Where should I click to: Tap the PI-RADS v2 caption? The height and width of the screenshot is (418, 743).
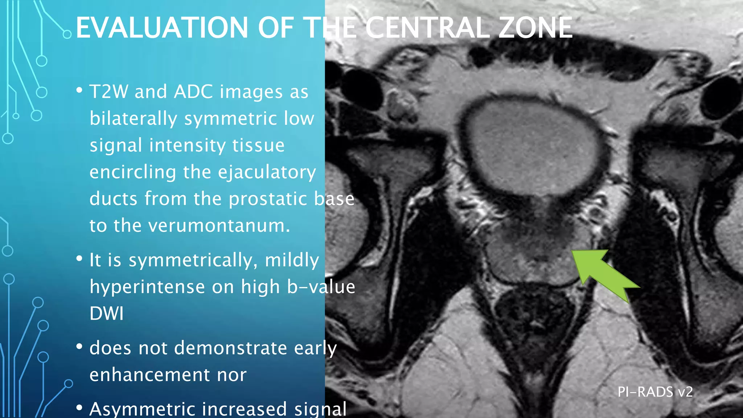coord(655,392)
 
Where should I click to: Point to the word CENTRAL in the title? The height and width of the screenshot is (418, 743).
coord(428,28)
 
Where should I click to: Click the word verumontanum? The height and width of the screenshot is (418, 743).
coord(219,226)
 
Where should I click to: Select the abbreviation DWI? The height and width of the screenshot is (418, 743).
coord(106,313)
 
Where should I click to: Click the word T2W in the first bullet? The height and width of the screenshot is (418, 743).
coord(108,91)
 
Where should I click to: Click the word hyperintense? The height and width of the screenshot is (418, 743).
coord(147,287)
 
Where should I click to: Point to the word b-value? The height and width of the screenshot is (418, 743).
coord(321,287)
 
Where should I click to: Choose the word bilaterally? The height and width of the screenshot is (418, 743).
coord(133,119)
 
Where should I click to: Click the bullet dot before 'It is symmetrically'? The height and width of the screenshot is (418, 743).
coord(79,259)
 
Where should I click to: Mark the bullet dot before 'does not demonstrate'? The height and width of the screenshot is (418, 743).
coord(79,347)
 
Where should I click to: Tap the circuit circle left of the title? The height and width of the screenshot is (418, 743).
coord(67,34)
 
